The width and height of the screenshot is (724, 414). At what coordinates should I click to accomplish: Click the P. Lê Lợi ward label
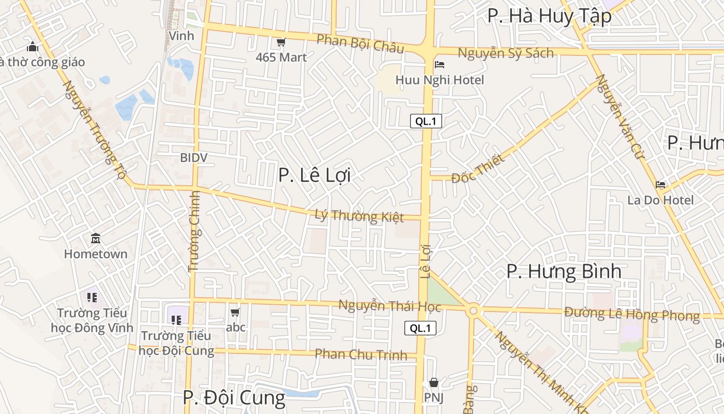click(x=314, y=175)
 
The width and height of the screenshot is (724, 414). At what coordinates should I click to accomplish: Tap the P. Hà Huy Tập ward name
click(x=549, y=16)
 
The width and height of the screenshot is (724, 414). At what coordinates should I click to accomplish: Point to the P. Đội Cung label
click(x=234, y=397)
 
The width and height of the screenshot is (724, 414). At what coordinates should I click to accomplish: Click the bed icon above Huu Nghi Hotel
click(x=440, y=65)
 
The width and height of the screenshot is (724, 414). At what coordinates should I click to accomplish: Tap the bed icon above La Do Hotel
click(x=660, y=184)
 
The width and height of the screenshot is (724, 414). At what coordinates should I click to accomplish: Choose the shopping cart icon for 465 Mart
click(x=281, y=42)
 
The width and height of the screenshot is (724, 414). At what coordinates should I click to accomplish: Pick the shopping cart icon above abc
click(x=235, y=312)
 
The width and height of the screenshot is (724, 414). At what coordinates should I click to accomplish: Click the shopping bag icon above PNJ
click(x=434, y=382)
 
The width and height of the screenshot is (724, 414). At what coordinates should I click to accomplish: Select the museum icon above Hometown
click(x=96, y=239)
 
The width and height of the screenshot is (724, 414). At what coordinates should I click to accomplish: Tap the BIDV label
click(x=194, y=157)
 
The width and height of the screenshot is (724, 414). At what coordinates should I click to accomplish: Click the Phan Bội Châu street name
click(x=360, y=44)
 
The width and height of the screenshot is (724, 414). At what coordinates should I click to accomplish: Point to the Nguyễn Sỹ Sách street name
click(x=505, y=53)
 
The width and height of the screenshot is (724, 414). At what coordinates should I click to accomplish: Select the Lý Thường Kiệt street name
click(x=359, y=215)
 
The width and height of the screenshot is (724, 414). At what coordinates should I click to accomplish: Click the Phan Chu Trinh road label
click(x=361, y=354)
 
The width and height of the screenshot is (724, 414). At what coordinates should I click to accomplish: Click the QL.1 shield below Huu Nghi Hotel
click(x=426, y=122)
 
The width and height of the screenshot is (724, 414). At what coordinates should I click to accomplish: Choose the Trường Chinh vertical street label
click(x=194, y=231)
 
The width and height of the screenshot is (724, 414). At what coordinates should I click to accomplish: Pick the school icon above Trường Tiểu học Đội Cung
click(x=176, y=320)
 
